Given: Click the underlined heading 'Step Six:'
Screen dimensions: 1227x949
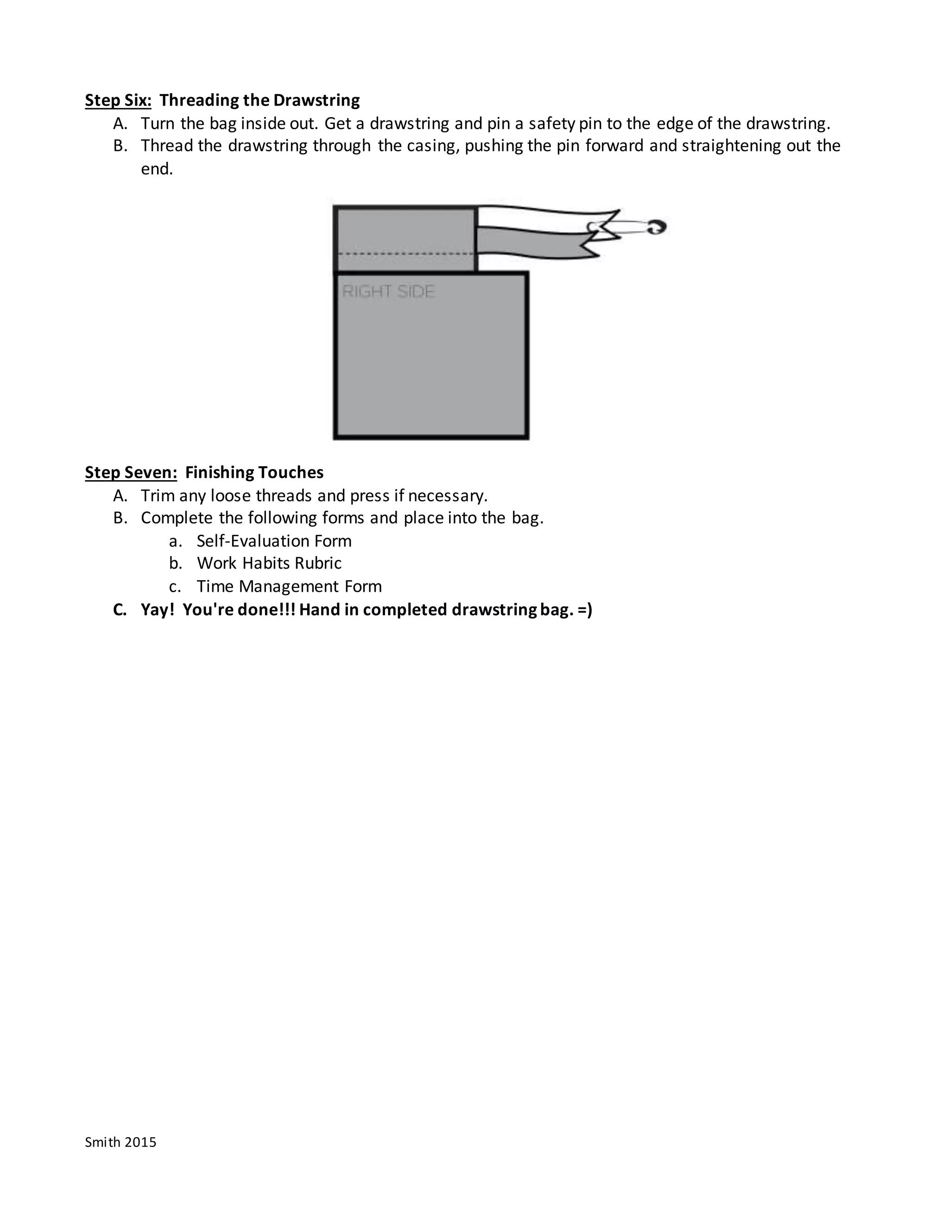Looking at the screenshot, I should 118,100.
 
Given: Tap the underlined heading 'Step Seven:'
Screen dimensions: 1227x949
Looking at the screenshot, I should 131,472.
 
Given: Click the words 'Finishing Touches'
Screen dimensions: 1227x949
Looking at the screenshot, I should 254,472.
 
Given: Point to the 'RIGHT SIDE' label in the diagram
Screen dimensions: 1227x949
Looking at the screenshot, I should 388,292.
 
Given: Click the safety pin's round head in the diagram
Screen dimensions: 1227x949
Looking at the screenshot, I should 656,227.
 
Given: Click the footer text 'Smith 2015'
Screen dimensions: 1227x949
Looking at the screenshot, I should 120,1142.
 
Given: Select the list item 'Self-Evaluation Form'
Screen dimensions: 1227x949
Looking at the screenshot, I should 274,541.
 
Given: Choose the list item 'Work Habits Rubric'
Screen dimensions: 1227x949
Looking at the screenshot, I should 269,563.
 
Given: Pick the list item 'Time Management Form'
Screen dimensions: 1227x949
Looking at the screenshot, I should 289,587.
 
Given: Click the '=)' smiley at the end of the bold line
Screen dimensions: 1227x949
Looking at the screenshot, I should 585,610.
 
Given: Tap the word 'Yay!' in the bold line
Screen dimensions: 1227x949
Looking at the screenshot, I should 158,610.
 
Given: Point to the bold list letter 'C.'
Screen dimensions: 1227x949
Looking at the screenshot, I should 120,610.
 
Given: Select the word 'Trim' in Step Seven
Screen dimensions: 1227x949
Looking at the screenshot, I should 158,495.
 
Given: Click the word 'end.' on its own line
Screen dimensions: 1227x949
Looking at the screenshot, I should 157,169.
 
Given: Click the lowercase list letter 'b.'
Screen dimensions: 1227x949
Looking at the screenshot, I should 176,563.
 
